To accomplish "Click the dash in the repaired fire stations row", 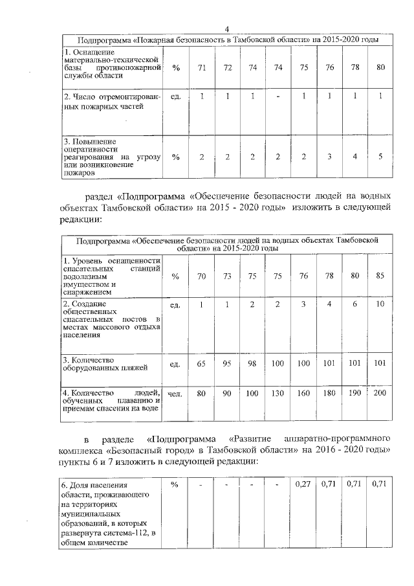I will pyautogui.click(x=278, y=96).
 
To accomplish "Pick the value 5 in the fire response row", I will pyautogui.click(x=380, y=157).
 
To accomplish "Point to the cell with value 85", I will pyautogui.click(x=380, y=276).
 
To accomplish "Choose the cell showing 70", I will pyautogui.click(x=202, y=276).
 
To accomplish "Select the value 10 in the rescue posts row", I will pyautogui.click(x=380, y=304).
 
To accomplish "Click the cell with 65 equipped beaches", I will pyautogui.click(x=202, y=364).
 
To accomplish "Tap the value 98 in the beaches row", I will pyautogui.click(x=252, y=364).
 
